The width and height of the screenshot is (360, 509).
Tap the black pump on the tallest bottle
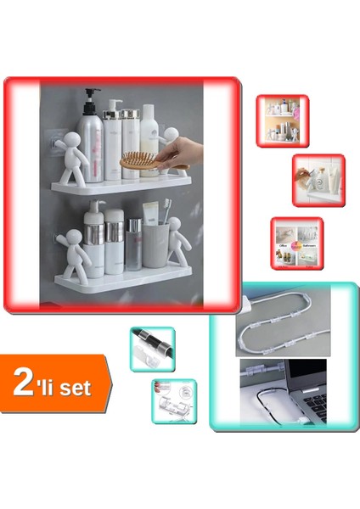point(91,96)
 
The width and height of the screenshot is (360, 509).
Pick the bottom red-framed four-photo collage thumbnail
point(296,243)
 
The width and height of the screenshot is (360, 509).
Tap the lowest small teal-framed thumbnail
point(174,400)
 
